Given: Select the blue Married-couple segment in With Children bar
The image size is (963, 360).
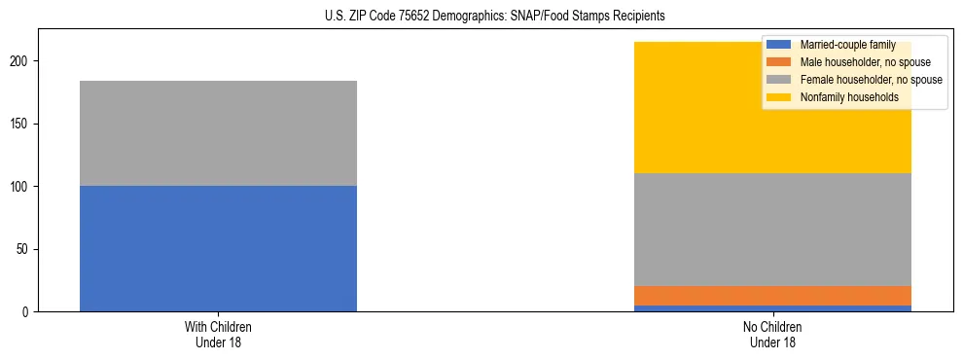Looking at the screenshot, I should pyautogui.click(x=218, y=248).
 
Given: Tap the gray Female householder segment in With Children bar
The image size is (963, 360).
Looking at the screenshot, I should pyautogui.click(x=218, y=133).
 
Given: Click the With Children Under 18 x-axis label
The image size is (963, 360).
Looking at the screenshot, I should pyautogui.click(x=218, y=335).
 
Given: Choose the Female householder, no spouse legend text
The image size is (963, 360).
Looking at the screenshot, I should pyautogui.click(x=871, y=80).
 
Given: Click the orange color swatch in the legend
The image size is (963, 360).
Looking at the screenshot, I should pyautogui.click(x=780, y=62).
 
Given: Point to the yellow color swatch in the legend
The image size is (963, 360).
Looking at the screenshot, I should pyautogui.click(x=780, y=97).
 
